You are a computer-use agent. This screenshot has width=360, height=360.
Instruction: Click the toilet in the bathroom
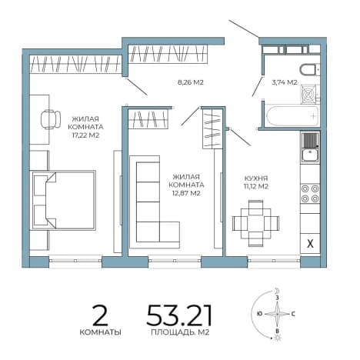(x=309, y=70)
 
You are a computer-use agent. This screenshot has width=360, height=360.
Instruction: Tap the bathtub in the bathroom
(x=292, y=116)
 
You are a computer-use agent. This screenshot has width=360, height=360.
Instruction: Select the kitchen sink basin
(x=310, y=155)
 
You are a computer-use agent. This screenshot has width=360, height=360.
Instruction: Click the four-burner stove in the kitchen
(x=310, y=193)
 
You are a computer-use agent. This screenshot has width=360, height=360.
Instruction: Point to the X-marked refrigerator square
(x=310, y=244)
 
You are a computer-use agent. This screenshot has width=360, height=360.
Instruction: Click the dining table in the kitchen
(x=255, y=223)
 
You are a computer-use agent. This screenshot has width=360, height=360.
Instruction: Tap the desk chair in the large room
(x=51, y=119)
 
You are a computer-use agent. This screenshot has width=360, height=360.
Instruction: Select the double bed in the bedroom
(x=63, y=200)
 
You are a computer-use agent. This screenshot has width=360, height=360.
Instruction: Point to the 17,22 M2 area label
(x=85, y=135)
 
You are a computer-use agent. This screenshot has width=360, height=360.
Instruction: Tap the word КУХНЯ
(x=256, y=178)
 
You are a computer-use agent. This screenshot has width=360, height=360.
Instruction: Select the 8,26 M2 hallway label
(x=191, y=82)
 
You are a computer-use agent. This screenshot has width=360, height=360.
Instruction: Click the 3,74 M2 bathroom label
(x=285, y=82)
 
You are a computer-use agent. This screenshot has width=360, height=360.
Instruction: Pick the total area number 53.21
(x=179, y=315)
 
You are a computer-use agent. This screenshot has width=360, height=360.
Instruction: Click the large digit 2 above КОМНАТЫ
(x=100, y=315)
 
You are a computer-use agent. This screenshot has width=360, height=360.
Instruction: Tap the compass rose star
(x=277, y=314)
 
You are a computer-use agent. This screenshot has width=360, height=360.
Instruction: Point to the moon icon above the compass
(x=277, y=291)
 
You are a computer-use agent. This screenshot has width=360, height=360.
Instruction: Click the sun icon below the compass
(x=278, y=338)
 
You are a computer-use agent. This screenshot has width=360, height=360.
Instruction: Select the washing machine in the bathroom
(x=309, y=94)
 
